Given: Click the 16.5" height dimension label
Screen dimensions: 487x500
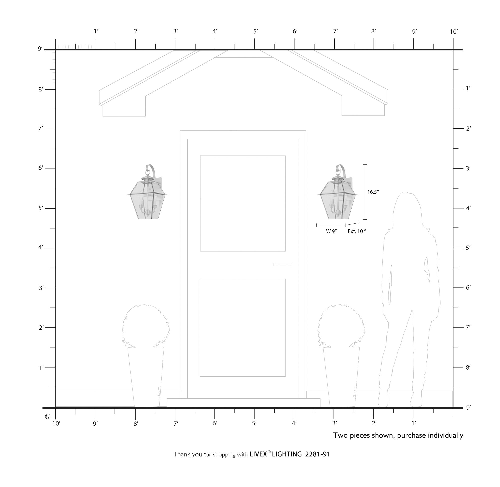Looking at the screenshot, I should pos(373,192).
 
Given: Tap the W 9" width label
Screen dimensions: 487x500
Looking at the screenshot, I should pos(331,231).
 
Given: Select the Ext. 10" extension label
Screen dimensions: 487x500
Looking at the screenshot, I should pos(357,231).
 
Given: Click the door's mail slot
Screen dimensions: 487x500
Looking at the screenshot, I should pos(282,264).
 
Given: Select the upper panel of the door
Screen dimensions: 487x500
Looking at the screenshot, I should pos(243,203).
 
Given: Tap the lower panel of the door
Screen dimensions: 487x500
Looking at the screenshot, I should pos(242,328).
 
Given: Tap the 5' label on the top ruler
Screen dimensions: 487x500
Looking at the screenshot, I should pos(256,31).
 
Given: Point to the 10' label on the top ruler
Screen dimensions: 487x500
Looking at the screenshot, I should pos(454,32).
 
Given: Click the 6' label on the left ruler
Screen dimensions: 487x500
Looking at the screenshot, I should pos(41,168).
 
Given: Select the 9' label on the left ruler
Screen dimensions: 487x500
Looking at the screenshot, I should pos(40,48).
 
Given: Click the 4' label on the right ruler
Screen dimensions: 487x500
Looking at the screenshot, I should pos(468,208).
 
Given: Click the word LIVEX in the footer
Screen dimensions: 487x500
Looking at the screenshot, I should pos(258,454).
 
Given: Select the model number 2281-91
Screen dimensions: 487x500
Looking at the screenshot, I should pos(318,454).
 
